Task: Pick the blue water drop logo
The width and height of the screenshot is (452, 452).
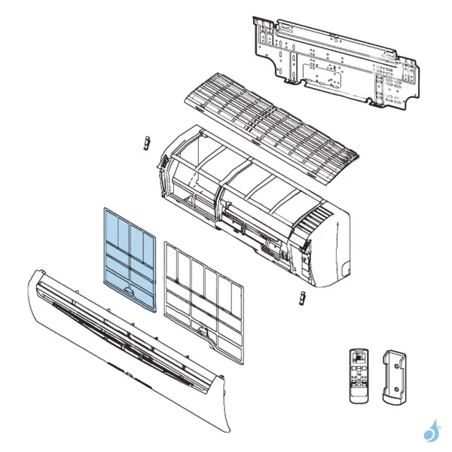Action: pyautogui.click(x=431, y=432)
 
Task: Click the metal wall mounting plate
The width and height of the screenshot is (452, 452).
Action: pyautogui.click(x=331, y=60)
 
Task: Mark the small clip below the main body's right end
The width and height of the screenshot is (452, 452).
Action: pyautogui.click(x=301, y=298)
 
